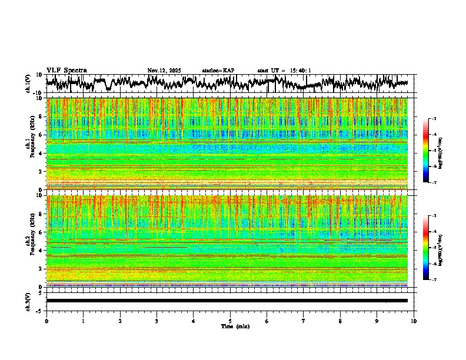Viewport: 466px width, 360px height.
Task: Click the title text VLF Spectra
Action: point(66,70)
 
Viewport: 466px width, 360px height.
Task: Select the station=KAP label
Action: point(218,71)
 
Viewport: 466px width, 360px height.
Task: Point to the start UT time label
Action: point(284,71)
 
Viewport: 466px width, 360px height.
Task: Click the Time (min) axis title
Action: point(229,326)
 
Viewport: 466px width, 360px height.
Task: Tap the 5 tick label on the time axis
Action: point(230,321)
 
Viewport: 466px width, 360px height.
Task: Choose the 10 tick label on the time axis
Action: point(414,321)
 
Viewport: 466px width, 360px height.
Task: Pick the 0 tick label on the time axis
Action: point(46,321)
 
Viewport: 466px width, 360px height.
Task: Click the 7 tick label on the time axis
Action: point(304,321)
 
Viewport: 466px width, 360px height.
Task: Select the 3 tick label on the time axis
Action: point(157,321)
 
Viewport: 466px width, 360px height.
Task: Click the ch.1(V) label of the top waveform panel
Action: point(28,84)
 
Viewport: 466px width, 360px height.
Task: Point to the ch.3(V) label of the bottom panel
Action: point(28,301)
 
